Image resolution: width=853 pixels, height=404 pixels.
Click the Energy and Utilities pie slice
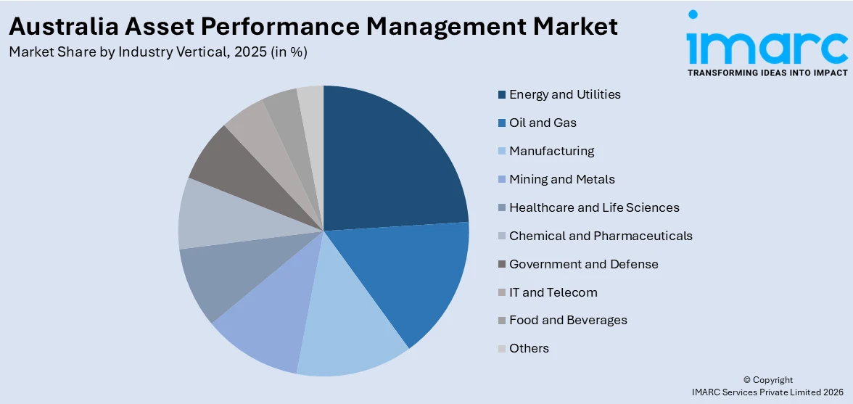[392, 160]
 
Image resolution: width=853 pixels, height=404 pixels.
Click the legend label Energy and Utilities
[564, 94]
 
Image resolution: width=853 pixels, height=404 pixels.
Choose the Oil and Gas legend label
[543, 123]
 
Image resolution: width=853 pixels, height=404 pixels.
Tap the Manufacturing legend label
[551, 151]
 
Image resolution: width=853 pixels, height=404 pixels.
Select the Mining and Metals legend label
[561, 179]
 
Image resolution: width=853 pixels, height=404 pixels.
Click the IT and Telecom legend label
[553, 292]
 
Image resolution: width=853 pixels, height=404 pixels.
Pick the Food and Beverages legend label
[568, 320]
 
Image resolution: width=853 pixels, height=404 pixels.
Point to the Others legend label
[529, 348]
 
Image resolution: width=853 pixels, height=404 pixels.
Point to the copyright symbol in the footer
[748, 380]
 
